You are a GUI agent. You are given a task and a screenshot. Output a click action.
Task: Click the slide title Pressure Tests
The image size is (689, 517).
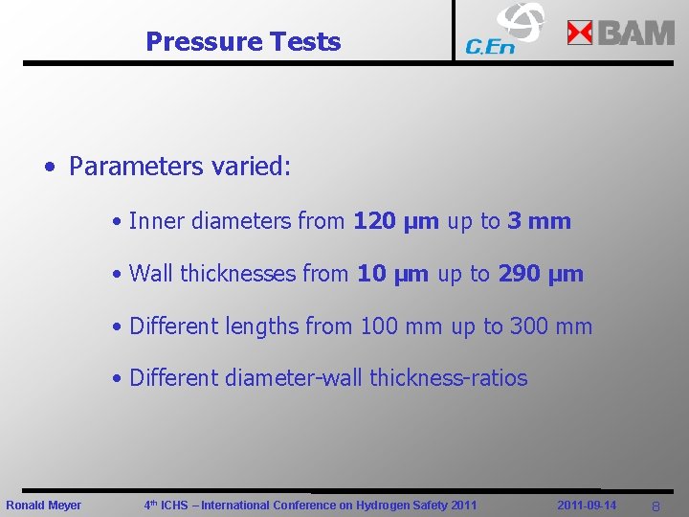click(243, 42)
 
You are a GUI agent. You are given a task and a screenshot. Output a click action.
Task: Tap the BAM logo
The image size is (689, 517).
click(621, 34)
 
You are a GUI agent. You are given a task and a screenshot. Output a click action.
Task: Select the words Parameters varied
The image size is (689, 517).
click(178, 167)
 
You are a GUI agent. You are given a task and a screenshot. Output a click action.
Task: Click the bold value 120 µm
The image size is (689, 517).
click(396, 221)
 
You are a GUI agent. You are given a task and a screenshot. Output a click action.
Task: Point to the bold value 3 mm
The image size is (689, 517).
click(539, 221)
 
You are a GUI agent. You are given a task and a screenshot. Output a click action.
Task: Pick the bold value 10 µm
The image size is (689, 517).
click(392, 274)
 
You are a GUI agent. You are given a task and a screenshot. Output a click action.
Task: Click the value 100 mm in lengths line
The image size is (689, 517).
click(401, 326)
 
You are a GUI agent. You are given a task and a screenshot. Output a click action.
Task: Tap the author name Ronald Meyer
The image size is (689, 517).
click(44, 505)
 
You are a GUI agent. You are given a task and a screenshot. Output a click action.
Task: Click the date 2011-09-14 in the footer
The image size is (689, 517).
click(587, 505)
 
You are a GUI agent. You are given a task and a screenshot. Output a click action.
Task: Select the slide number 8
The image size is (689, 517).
click(656, 506)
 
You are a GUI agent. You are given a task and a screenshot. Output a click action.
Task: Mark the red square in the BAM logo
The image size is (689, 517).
click(581, 34)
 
